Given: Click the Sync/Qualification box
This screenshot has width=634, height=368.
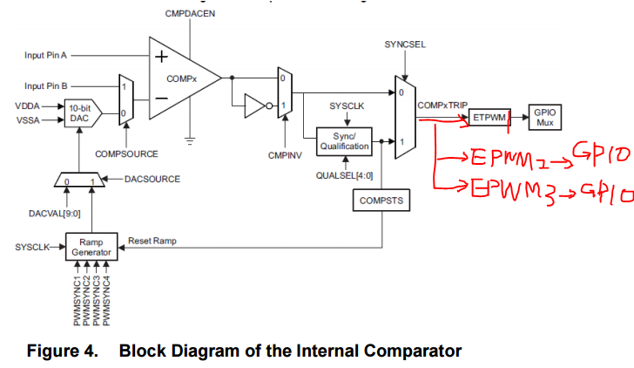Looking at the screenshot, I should tap(346, 142).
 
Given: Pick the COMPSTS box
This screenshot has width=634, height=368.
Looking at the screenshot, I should tap(379, 201).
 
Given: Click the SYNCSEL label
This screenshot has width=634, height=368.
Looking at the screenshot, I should tap(404, 44).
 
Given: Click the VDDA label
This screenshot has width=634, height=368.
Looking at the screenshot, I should tap(26, 106).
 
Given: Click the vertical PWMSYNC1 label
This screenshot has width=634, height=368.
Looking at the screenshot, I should tap(77, 301).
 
